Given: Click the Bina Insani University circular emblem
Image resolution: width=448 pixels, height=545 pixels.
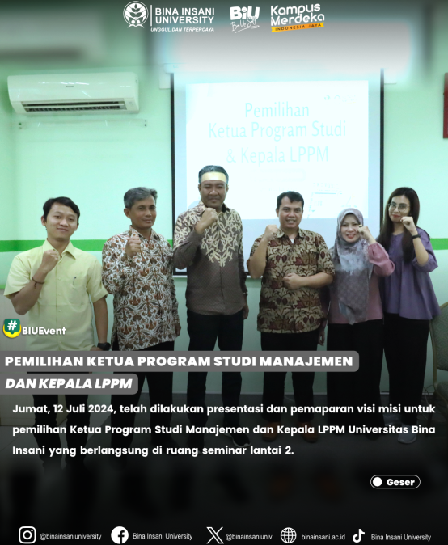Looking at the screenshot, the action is pos(136,15).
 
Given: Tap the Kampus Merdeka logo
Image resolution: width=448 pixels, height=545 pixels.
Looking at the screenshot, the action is pos(297,18).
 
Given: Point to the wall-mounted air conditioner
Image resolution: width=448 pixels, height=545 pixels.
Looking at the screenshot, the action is pos(74,93).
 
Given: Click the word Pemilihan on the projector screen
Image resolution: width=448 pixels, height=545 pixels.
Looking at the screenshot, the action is pos(277,110).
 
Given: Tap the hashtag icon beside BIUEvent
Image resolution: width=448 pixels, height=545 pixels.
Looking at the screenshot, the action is pos(12,328).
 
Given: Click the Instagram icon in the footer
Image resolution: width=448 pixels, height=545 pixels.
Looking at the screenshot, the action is pos(27,535).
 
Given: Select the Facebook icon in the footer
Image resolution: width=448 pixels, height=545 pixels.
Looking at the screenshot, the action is pos(120,535).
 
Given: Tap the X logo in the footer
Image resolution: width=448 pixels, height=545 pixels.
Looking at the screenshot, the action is pos(215,535).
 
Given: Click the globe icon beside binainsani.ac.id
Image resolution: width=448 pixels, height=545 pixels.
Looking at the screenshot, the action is pos(289,535).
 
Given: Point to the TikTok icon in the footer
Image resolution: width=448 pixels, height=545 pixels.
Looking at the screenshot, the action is pos(359,535).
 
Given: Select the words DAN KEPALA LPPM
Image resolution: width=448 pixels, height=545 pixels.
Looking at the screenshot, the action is pos(69,383).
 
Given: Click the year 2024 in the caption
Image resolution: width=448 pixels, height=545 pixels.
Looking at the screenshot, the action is pos(101,408).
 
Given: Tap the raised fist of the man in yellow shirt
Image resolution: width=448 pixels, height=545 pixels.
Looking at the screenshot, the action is pos(49,260).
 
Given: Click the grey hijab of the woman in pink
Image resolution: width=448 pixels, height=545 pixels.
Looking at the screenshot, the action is pos(350,257).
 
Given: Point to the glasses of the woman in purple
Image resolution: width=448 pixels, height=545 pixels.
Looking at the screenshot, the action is pos(399,207).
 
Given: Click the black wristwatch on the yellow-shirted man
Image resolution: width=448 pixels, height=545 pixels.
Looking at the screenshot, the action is pos(104,346).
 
